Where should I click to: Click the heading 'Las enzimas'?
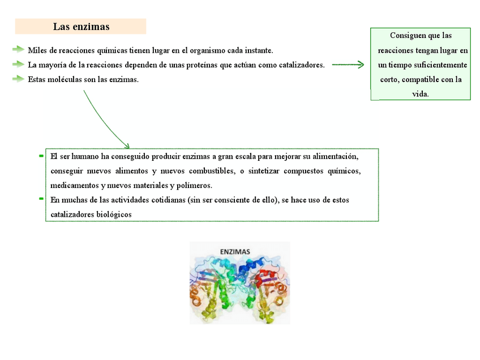[x=81, y=27]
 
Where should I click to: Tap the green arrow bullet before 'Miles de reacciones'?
[x=19, y=50]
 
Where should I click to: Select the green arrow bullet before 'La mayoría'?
[x=19, y=65]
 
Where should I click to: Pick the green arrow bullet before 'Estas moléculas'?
[x=19, y=79]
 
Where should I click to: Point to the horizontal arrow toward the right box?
[x=348, y=65]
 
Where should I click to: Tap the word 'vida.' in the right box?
[x=421, y=94]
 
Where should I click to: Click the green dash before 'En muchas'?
[x=41, y=199]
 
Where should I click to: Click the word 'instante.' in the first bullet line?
[x=258, y=50]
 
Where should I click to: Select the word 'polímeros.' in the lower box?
[x=194, y=185]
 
